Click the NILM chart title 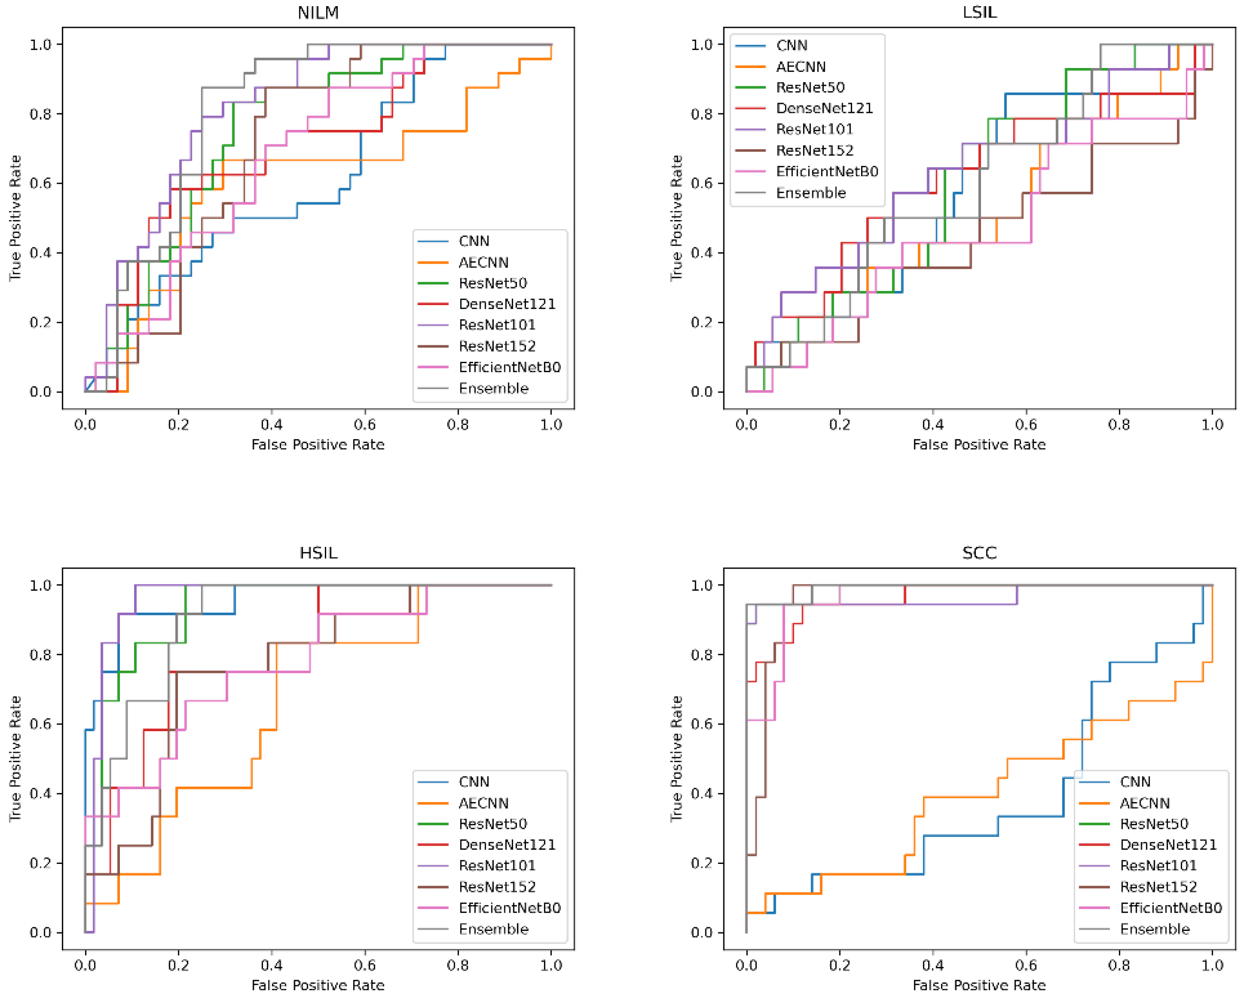point(318,13)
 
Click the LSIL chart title point(979,13)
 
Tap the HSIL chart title point(318,553)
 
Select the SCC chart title point(979,553)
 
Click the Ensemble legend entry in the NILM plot point(493,388)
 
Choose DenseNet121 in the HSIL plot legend point(507,845)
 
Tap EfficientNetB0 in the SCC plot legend point(1171,908)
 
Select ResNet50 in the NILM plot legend point(493,283)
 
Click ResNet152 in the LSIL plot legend point(814,151)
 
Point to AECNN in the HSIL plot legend point(483,803)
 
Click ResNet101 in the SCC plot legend point(1158,866)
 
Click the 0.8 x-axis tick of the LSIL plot point(1119,425)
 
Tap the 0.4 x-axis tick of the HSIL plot point(271,965)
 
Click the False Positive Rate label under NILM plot point(318,444)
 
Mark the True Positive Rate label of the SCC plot point(676,758)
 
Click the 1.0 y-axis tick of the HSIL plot point(41,585)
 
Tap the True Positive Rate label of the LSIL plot point(676,218)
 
